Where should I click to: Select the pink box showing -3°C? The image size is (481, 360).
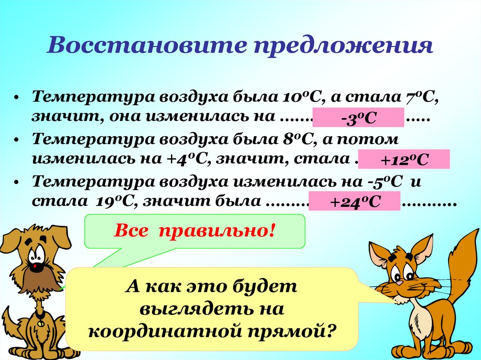(358, 118)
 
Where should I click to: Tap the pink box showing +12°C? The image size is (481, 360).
(404, 160)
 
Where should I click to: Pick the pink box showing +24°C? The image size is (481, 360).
(354, 201)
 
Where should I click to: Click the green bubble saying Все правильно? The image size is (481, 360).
(194, 231)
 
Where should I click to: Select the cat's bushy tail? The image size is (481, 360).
(463, 263)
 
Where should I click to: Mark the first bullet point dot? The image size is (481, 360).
(16, 99)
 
